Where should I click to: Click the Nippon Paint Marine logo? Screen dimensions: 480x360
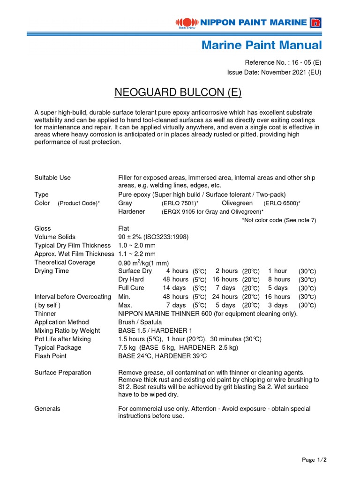[248, 22]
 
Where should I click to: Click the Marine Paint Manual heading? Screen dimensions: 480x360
[262, 45]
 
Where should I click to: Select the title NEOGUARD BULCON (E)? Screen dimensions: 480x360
[178, 93]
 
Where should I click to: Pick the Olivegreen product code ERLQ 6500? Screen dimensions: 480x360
[282, 203]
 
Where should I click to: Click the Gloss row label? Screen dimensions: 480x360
[43, 228]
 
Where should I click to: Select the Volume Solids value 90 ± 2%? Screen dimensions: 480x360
[153, 237]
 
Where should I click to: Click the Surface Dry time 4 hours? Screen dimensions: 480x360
[177, 271]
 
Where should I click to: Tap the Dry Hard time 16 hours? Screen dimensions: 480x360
[225, 279]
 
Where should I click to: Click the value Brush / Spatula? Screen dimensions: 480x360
[140, 322]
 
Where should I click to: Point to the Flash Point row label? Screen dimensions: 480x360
[51, 356]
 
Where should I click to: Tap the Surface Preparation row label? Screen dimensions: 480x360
[63, 373]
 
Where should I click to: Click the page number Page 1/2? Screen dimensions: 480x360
[314, 460]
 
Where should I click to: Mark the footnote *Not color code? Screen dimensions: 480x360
[279, 220]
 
